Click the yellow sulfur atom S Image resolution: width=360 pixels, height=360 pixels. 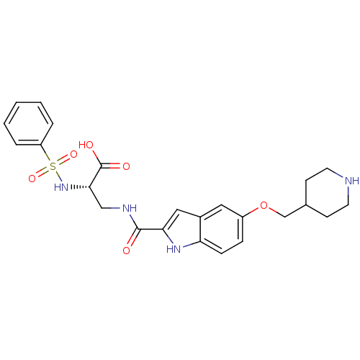tap(53, 166)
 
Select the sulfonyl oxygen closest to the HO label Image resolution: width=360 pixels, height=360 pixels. tap(73, 154)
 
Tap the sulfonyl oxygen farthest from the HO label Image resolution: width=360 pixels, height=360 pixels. tap(32, 178)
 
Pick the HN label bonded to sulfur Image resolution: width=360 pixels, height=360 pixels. tap(61, 187)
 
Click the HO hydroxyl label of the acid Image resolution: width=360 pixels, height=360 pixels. tap(86, 145)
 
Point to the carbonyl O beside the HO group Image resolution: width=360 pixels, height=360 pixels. tap(126, 166)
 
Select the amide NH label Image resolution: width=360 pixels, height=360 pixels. tap(130, 208)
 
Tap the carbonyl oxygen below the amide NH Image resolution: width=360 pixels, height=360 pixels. tap(126, 251)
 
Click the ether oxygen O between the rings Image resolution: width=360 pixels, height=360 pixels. tap(264, 207)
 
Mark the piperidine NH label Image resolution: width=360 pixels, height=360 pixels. tap(351, 181)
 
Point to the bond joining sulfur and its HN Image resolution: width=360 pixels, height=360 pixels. tap(57, 176)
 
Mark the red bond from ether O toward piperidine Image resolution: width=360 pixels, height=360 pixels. tap(273, 210)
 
